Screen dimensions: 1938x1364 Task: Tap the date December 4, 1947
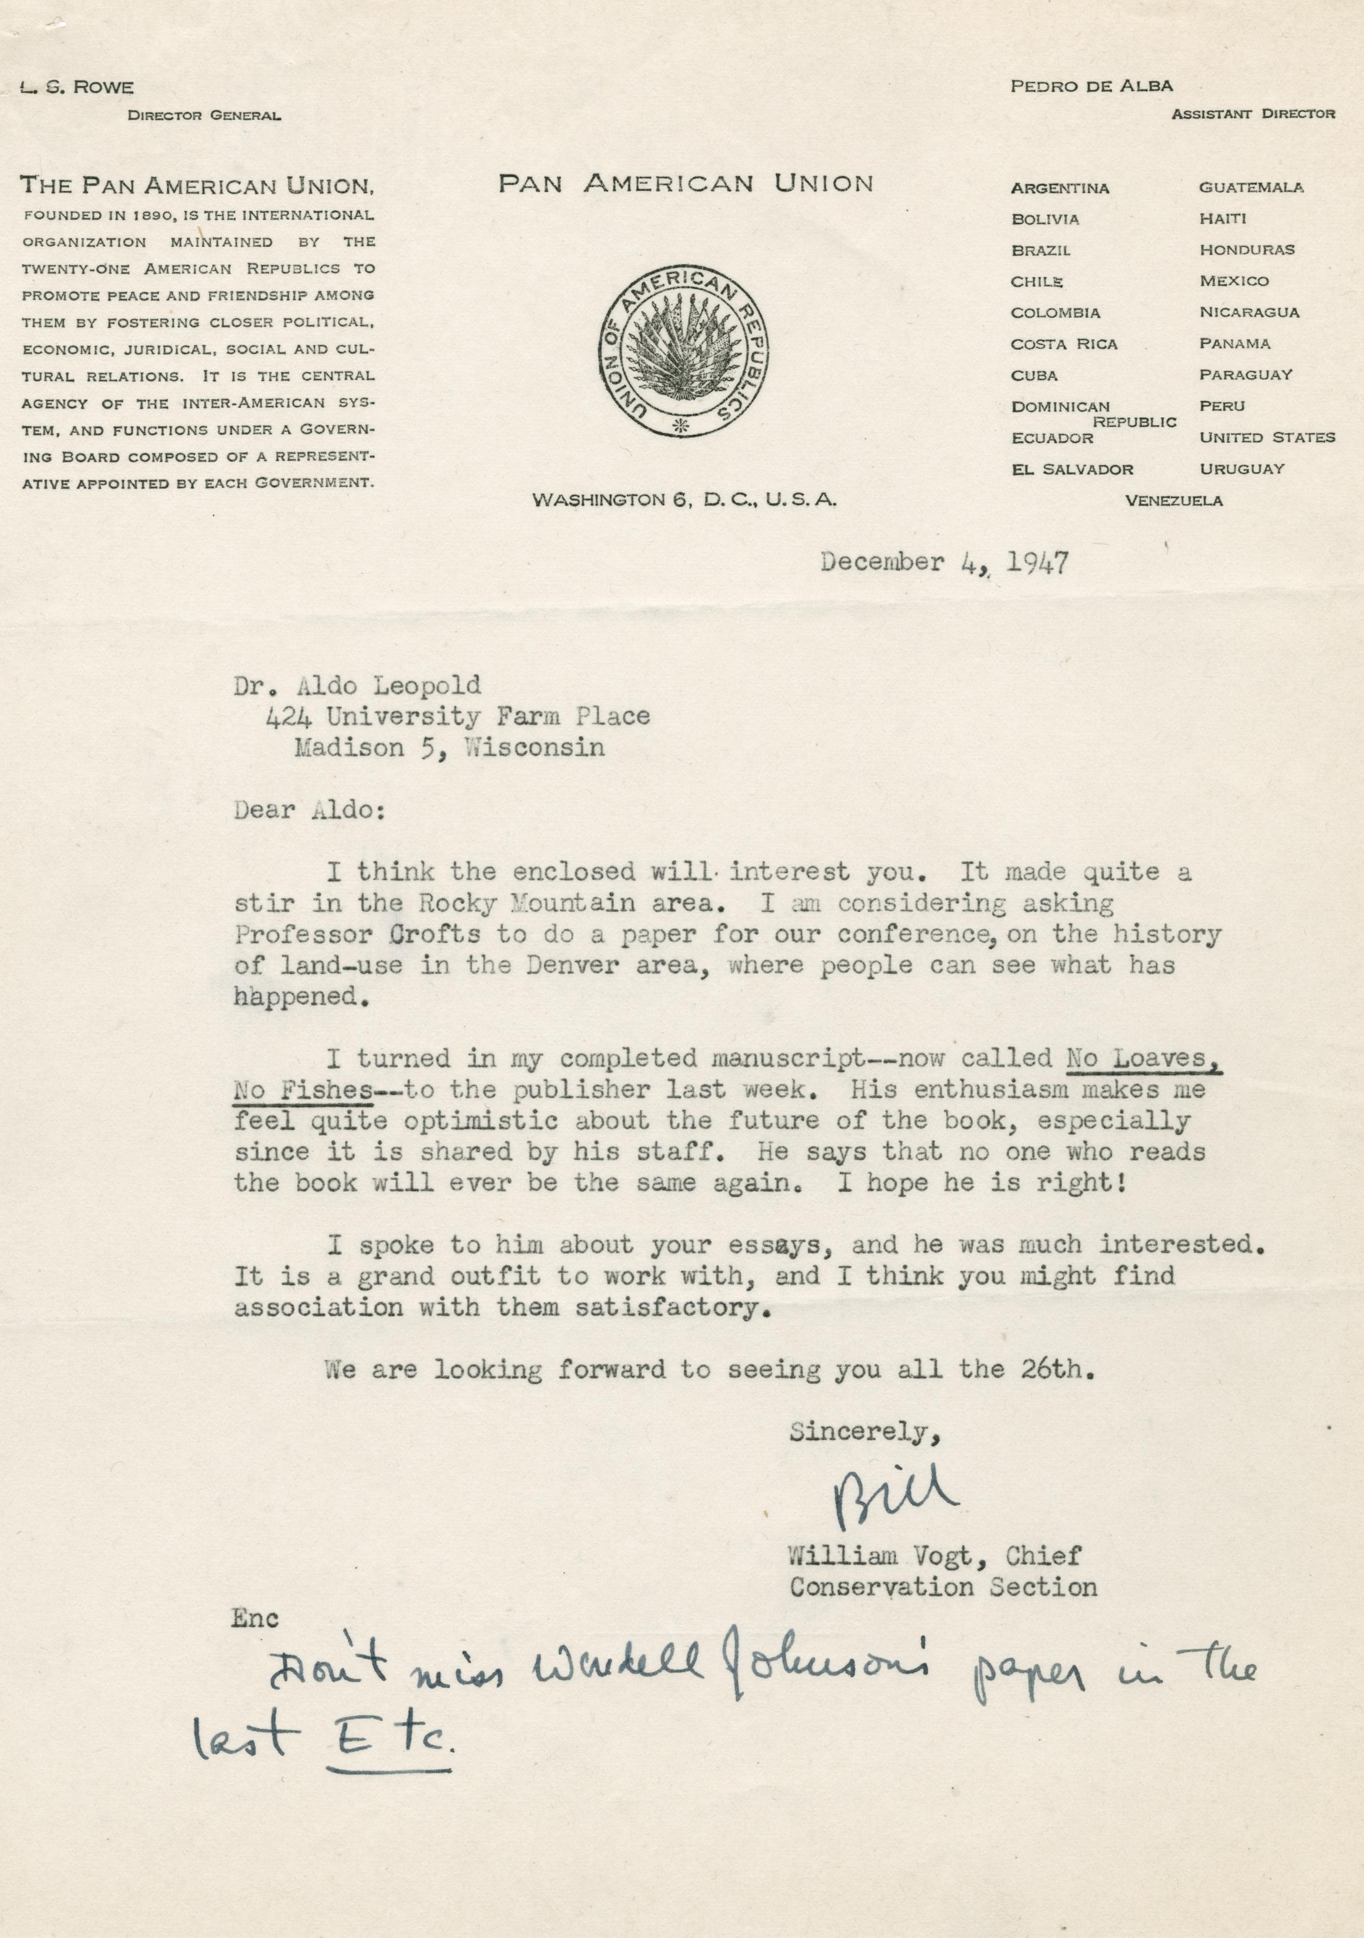[944, 563]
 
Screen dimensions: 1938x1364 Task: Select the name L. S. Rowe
[77, 87]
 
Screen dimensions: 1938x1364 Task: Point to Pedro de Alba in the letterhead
[1091, 85]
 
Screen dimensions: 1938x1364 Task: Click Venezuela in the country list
[1173, 501]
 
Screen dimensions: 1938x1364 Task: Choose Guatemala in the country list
[1251, 187]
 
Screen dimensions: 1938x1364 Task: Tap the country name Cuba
[1034, 376]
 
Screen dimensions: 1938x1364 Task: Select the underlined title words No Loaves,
[1144, 1059]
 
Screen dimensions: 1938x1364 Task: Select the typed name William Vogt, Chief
[935, 1556]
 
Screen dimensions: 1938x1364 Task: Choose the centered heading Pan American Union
[685, 184]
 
